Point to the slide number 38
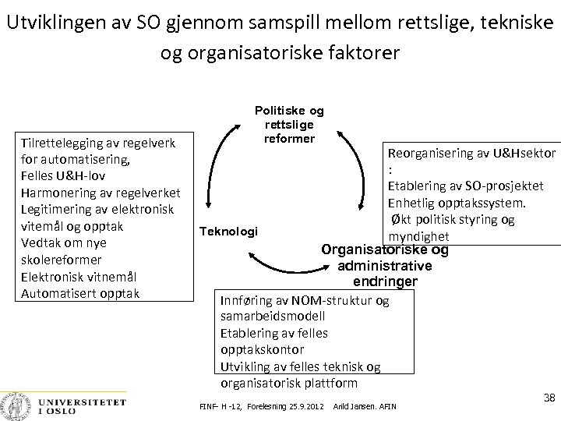(549, 398)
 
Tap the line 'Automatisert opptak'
(81, 293)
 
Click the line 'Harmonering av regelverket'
(101, 193)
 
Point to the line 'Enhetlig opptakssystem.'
(457, 203)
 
